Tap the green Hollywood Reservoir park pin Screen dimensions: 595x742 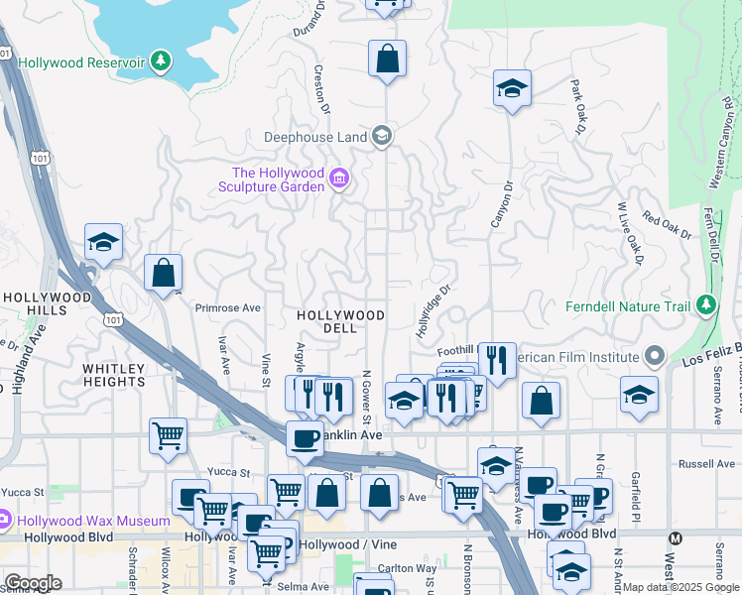tap(162, 61)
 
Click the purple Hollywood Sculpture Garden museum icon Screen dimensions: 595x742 tap(339, 178)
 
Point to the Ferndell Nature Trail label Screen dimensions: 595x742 tap(627, 305)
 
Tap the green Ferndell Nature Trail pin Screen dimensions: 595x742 tap(705, 304)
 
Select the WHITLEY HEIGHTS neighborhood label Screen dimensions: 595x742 tap(113, 375)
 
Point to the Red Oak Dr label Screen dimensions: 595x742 tap(666, 225)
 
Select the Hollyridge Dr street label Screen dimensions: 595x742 tap(433, 311)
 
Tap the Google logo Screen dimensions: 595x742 tap(33, 583)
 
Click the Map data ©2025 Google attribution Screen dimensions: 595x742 tap(680, 587)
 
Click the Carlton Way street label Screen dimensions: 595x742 tap(410, 568)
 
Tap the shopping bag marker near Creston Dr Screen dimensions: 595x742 tap(387, 59)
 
